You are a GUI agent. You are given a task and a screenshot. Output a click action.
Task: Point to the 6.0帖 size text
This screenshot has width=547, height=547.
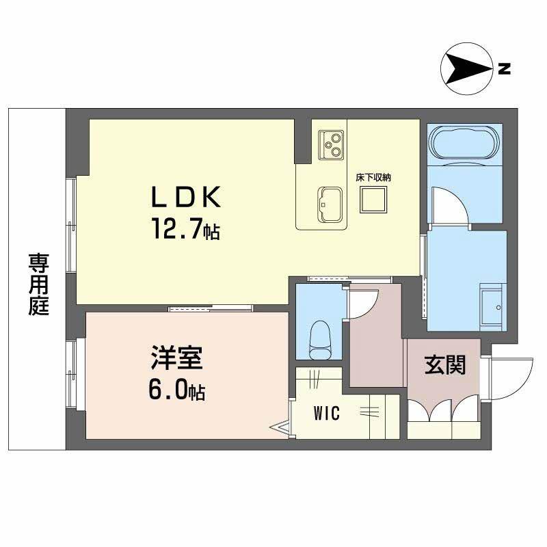[x=176, y=391]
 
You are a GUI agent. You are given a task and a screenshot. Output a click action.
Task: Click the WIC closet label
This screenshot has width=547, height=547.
[x=328, y=413]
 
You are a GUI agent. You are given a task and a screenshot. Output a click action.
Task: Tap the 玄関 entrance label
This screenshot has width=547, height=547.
[x=445, y=365]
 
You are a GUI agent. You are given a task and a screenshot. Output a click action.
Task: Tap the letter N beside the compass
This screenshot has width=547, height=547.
[x=504, y=68]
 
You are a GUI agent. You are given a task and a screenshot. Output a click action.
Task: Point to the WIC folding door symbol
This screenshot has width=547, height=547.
[x=282, y=428]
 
